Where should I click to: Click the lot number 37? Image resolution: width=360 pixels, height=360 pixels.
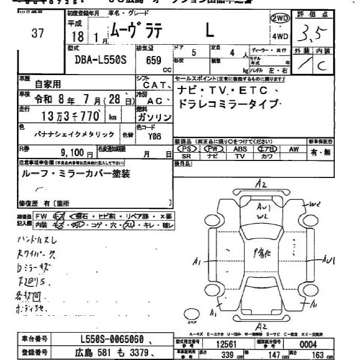pos(37,33)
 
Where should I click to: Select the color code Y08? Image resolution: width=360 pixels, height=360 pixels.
pos(155,137)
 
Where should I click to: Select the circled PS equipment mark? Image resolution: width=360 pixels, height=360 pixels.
pos(186,149)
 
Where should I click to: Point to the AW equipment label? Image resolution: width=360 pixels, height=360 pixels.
pos(294,149)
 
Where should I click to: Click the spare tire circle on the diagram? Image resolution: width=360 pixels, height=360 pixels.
pos(192,314)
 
